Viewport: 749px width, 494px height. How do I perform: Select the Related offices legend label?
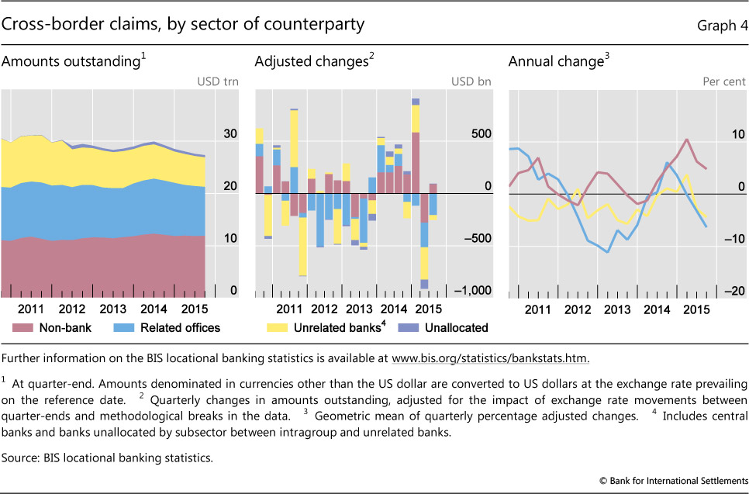pos(180,327)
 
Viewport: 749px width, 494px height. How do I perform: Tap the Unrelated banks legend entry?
pos(339,327)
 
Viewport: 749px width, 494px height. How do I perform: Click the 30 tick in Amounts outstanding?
pos(230,134)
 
